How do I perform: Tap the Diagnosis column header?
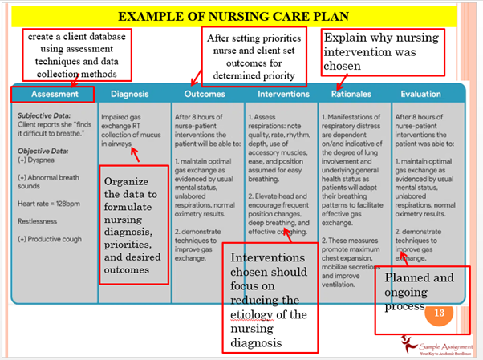pos(129,94)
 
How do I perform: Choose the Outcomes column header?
pos(205,94)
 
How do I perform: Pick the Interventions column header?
pos(283,94)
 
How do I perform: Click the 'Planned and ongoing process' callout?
pos(419,291)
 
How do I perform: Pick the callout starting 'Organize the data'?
pos(134,224)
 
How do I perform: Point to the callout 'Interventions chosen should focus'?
pos(269,299)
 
